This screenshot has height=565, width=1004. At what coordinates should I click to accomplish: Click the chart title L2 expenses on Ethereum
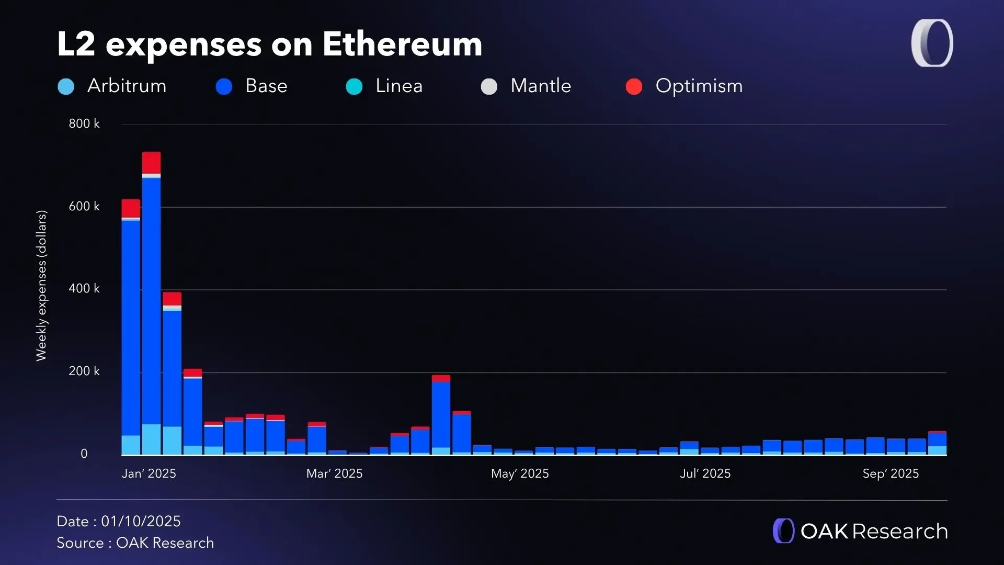(x=269, y=44)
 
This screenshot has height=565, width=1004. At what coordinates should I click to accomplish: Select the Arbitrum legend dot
(x=66, y=86)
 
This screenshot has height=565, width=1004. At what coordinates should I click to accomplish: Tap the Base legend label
(x=266, y=86)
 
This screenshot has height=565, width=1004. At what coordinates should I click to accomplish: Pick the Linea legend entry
(x=398, y=86)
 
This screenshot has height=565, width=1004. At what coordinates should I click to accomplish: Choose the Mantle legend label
(x=541, y=86)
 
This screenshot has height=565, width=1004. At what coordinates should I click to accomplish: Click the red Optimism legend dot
(x=634, y=86)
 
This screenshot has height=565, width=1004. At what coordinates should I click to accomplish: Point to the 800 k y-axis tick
(x=84, y=124)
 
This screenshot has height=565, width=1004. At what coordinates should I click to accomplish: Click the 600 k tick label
(x=84, y=207)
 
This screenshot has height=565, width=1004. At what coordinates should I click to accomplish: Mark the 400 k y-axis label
(x=84, y=289)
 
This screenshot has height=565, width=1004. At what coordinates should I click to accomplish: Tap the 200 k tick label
(x=84, y=371)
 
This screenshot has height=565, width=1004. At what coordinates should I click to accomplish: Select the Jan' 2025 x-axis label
(x=149, y=473)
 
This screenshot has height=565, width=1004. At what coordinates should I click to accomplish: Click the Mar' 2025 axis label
(x=334, y=473)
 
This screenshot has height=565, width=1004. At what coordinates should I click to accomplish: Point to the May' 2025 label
(x=520, y=473)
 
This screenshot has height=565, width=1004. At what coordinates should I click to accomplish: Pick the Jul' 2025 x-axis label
(x=705, y=473)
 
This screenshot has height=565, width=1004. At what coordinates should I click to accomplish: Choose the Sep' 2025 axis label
(x=891, y=473)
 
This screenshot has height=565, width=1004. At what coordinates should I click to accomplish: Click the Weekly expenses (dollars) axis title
(x=41, y=286)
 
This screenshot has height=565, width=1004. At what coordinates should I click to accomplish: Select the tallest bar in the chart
(x=152, y=303)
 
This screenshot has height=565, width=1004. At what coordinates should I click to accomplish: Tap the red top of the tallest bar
(x=152, y=163)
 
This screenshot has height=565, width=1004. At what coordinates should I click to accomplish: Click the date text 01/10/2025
(x=141, y=522)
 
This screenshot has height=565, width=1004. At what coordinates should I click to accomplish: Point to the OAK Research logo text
(x=874, y=532)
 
